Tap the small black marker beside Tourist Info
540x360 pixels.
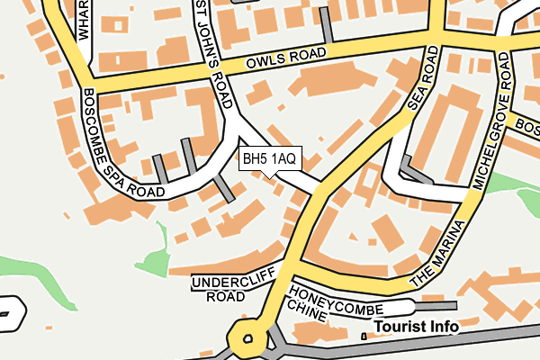(x=363, y=337)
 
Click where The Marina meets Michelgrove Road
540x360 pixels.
(x=472, y=193)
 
